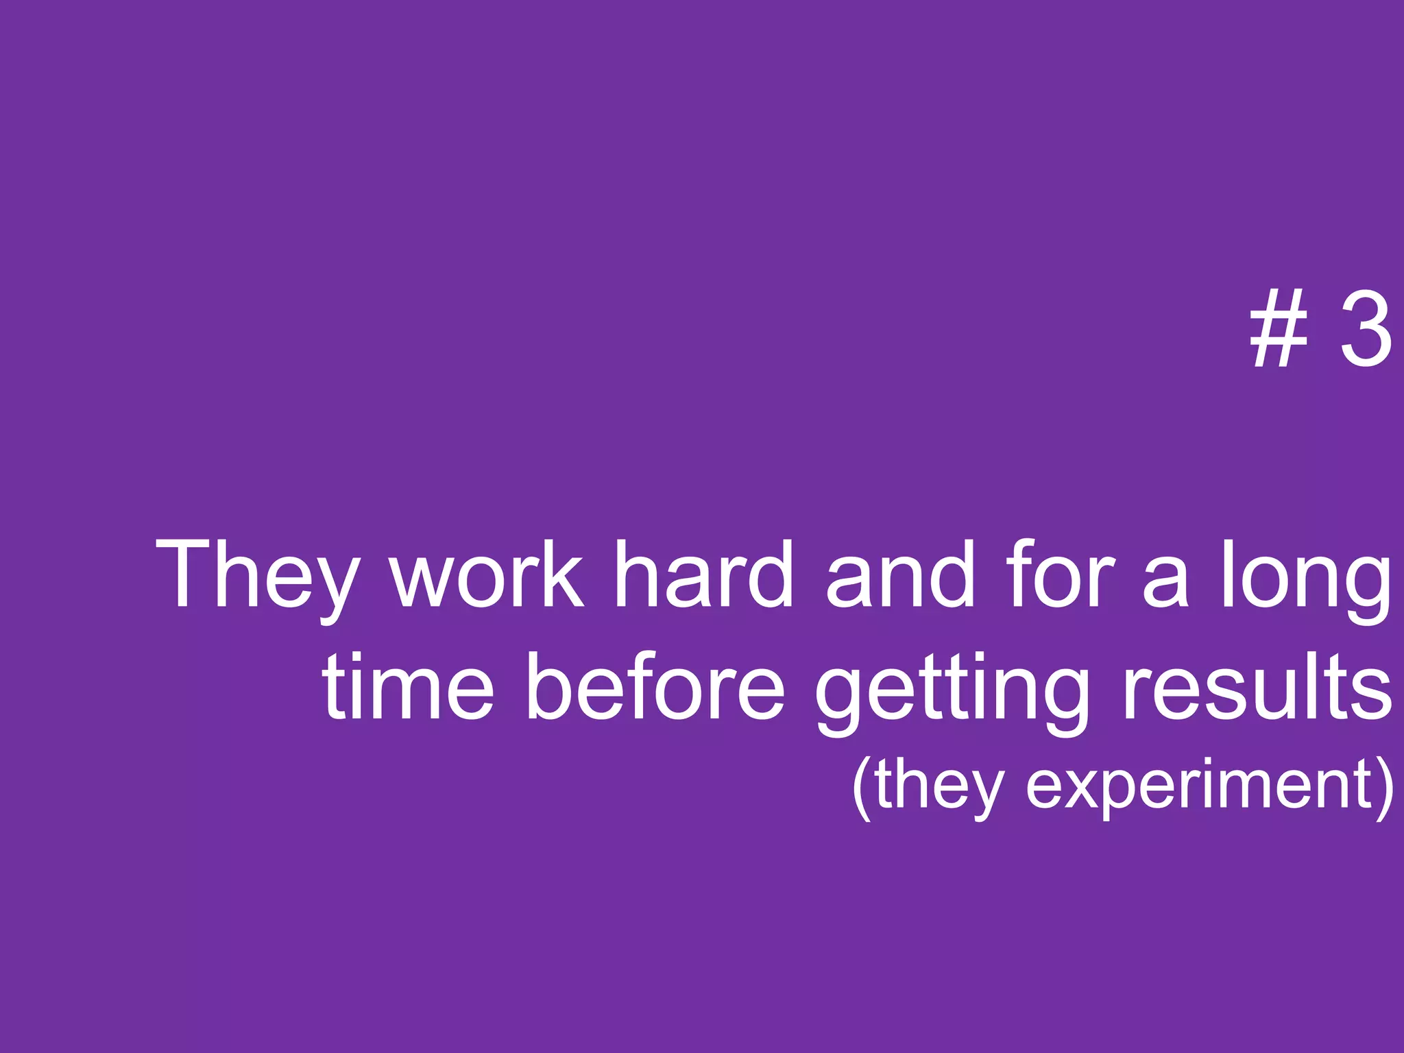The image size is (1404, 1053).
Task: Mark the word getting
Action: (953, 692)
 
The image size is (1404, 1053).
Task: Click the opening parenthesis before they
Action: (861, 788)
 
